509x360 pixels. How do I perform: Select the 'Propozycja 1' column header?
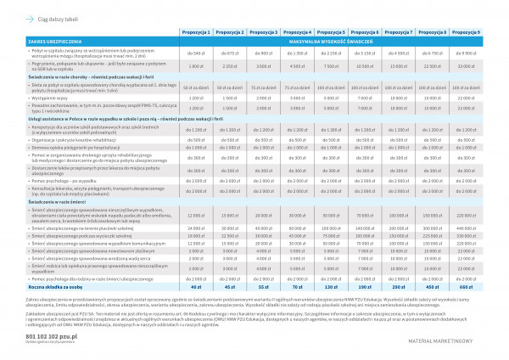tap(196, 30)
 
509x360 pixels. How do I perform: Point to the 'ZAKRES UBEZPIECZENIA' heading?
tap(50, 40)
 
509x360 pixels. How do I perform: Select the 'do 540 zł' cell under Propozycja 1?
tap(196, 52)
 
